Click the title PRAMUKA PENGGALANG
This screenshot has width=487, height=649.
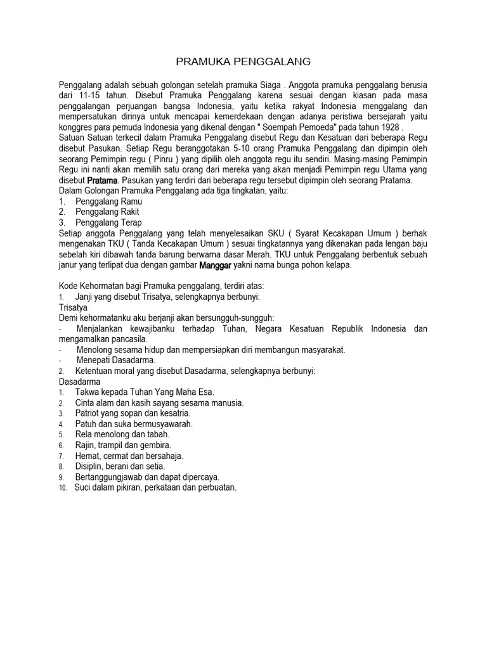(243, 61)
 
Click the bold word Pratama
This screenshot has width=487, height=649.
(101, 180)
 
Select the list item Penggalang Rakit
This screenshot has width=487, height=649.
(107, 212)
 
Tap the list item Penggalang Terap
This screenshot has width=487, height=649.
(108, 222)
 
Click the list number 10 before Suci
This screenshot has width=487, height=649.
(63, 488)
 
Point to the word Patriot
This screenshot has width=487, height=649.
(89, 413)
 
